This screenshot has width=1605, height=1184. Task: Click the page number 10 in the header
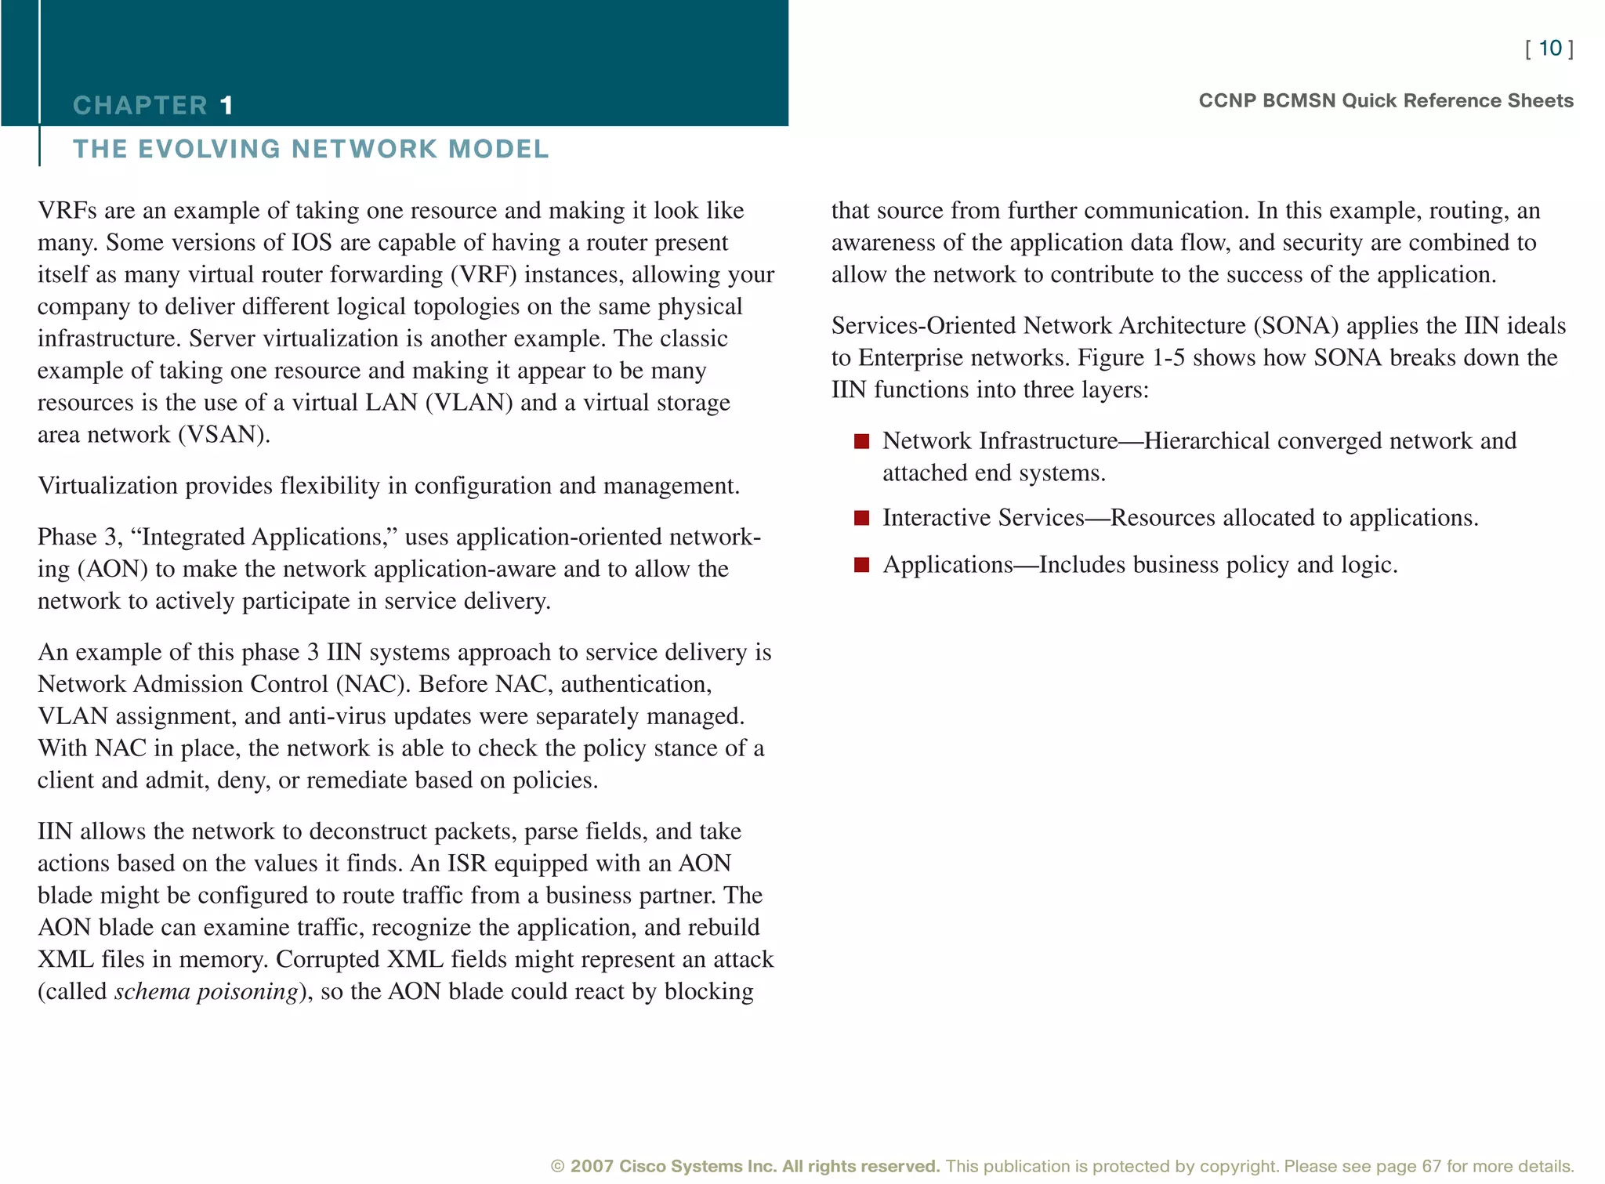coord(1549,49)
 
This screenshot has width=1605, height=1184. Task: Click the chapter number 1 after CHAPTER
coord(226,105)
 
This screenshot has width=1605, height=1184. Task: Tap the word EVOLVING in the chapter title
coord(208,149)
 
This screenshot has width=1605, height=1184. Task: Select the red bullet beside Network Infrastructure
coord(861,441)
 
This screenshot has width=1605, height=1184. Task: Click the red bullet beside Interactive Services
coord(861,518)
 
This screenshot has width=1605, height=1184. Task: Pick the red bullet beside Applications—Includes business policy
coord(861,565)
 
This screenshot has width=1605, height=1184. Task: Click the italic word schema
coord(152,992)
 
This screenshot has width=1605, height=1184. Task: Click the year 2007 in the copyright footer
coord(592,1166)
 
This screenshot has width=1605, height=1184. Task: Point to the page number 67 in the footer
coord(1432,1166)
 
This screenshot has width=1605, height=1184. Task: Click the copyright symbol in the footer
coord(557,1166)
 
